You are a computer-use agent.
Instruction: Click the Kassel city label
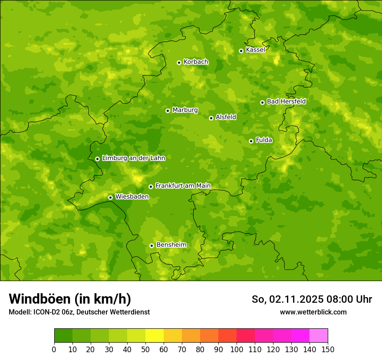click(255, 50)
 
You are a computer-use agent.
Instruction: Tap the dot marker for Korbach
click(179, 62)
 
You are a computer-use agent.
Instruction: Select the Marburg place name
click(185, 110)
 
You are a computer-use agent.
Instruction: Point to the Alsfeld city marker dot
click(211, 118)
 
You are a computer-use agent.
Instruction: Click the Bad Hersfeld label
click(286, 101)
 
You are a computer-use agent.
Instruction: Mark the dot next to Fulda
click(251, 141)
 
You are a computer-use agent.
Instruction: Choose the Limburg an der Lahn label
click(133, 158)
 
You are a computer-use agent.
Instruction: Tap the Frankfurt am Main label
click(183, 186)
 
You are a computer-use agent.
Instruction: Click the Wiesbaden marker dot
click(111, 197)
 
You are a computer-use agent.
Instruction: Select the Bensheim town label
click(171, 245)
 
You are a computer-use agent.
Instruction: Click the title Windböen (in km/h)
click(70, 299)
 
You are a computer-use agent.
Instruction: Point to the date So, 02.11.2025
click(287, 299)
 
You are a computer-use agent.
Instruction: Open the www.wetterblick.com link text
click(313, 312)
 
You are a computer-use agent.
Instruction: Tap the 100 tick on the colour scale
click(237, 349)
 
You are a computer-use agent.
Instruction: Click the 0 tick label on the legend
click(54, 349)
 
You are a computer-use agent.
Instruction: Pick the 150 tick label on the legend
click(328, 349)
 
